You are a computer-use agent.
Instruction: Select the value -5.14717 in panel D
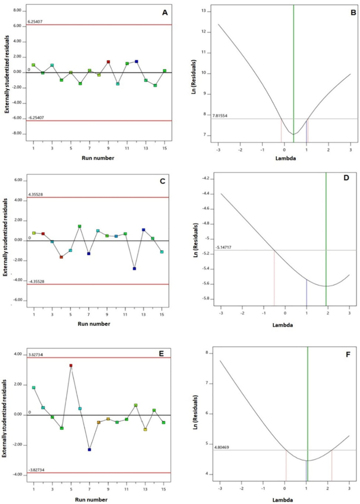click(221, 247)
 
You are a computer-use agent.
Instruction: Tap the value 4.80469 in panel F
click(221, 447)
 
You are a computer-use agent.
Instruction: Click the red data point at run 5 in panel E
click(71, 365)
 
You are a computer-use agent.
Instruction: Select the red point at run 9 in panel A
click(108, 61)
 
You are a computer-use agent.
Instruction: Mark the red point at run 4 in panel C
click(61, 257)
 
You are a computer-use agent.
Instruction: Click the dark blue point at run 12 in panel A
click(137, 61)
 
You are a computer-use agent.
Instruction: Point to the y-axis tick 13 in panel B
click(210, 12)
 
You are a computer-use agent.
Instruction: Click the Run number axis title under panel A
click(98, 157)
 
